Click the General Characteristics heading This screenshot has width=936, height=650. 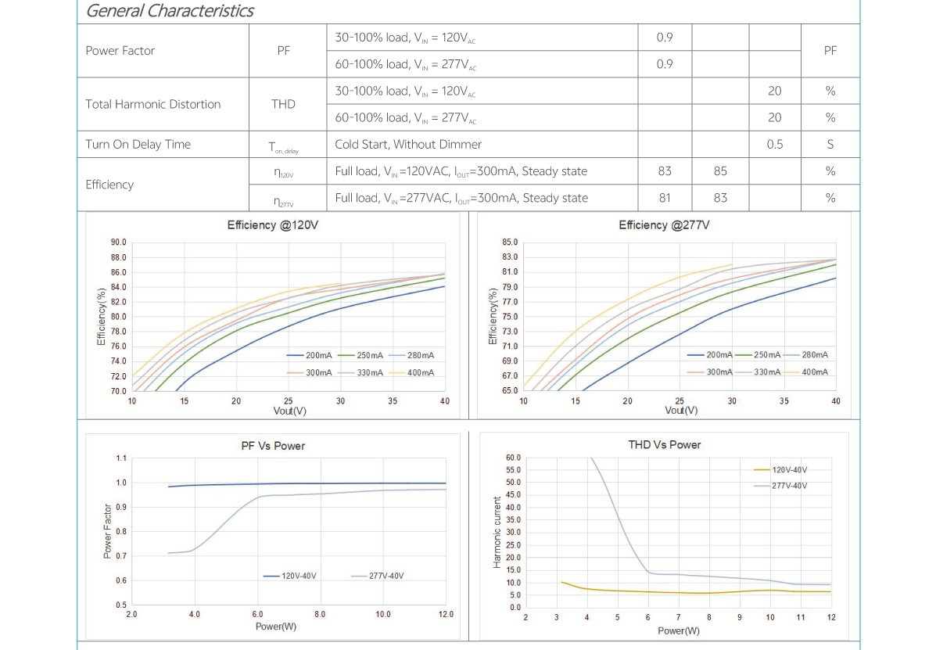170,11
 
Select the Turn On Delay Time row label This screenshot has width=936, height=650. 138,144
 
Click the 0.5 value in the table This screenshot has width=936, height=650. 774,144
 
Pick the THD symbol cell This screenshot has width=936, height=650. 283,104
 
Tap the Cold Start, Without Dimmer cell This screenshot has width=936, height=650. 408,144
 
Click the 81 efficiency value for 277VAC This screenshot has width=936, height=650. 665,198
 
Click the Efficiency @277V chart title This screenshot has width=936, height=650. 664,225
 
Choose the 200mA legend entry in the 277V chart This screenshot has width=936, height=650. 719,355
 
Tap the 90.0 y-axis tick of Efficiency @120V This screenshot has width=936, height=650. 118,243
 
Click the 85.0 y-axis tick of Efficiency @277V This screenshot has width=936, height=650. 510,242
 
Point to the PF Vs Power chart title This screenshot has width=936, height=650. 272,446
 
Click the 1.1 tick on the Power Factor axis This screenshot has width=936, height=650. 120,458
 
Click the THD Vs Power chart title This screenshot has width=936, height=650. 664,444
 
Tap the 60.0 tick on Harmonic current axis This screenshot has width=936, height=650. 513,458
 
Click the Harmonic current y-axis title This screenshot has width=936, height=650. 497,532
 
